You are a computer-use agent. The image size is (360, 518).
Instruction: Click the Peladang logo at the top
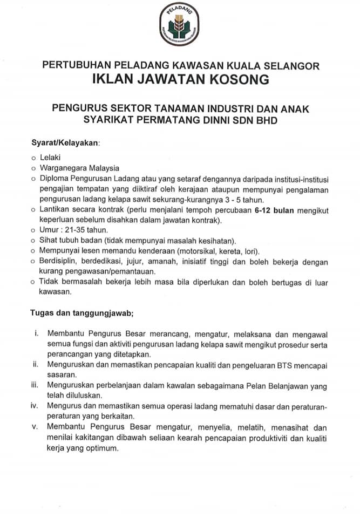[180, 25]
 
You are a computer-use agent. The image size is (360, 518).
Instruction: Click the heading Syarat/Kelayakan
[66, 143]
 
